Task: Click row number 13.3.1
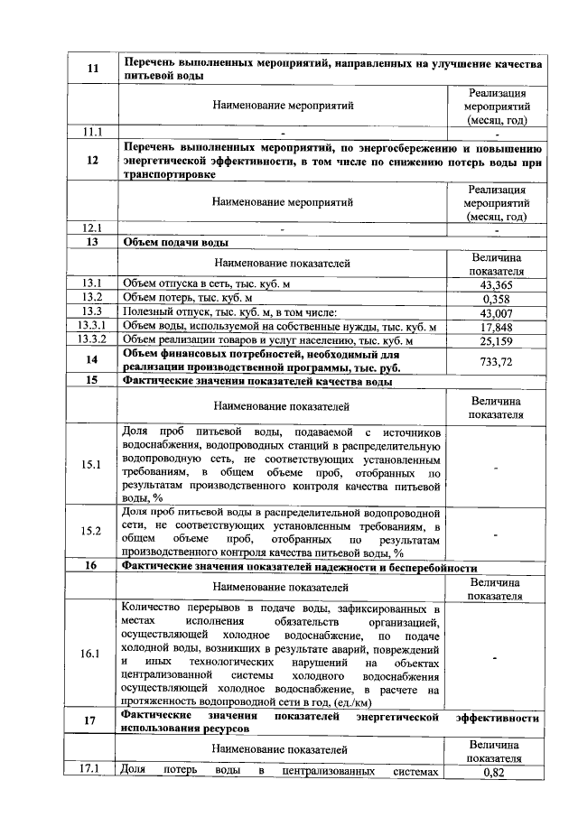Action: [92, 326]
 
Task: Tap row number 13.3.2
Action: [92, 340]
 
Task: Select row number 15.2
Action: [91, 531]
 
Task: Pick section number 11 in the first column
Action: [91, 70]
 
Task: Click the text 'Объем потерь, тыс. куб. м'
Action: [187, 298]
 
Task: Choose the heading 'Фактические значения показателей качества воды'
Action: [256, 381]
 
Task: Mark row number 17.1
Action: [91, 771]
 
